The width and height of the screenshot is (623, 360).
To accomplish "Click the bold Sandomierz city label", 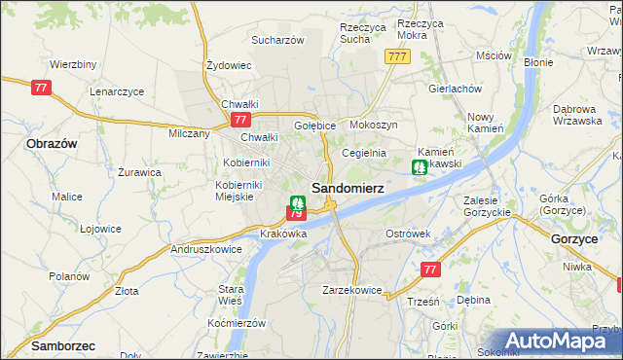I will point(347,187).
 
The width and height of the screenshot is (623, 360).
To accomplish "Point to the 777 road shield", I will point(396,57).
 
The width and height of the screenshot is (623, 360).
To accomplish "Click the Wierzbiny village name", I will point(72,64).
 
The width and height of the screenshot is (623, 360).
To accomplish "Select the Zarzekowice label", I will point(351,290).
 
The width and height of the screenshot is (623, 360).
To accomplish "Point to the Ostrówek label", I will point(408,234).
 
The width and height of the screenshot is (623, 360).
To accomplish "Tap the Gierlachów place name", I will point(456,88).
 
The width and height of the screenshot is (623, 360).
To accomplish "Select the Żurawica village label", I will point(139,171).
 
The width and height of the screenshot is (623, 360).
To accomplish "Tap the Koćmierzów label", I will point(238,322).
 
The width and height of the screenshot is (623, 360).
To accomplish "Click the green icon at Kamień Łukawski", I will point(418,167).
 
